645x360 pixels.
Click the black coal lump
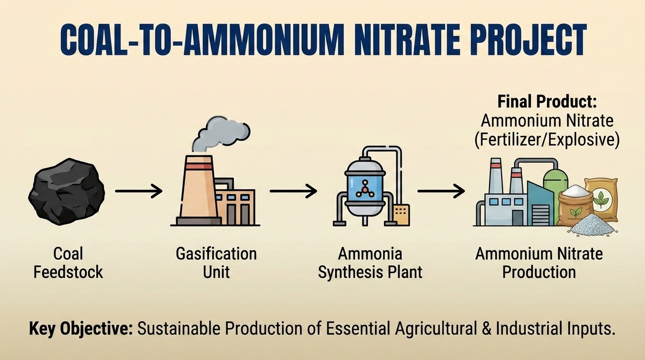[67, 192]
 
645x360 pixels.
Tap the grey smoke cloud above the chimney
[220, 134]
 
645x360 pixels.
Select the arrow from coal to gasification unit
[139, 191]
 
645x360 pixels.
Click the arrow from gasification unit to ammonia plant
[293, 191]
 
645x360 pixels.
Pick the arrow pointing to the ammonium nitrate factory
[441, 191]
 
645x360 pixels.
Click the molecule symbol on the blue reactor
[365, 189]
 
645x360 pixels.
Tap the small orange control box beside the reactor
[402, 214]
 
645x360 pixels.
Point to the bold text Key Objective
[81, 329]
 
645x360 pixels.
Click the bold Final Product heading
[547, 102]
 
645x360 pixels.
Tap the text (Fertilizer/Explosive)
[547, 140]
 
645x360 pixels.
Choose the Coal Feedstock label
[68, 262]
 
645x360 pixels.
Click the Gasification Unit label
[216, 262]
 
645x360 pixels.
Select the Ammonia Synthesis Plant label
[370, 262]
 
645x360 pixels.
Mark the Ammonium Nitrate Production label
[539, 262]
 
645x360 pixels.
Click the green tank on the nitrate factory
[555, 181]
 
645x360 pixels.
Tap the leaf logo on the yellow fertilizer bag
[600, 199]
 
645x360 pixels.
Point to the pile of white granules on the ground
[592, 225]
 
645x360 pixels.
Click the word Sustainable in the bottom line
[179, 329]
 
